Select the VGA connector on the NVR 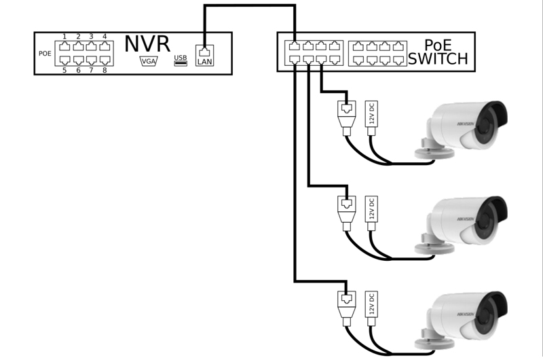[x=148, y=60]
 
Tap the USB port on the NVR [x=180, y=60]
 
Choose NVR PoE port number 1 [x=65, y=47]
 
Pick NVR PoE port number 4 [x=105, y=47]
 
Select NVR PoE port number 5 [x=65, y=60]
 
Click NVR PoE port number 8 [x=105, y=60]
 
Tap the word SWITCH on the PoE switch [x=438, y=60]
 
